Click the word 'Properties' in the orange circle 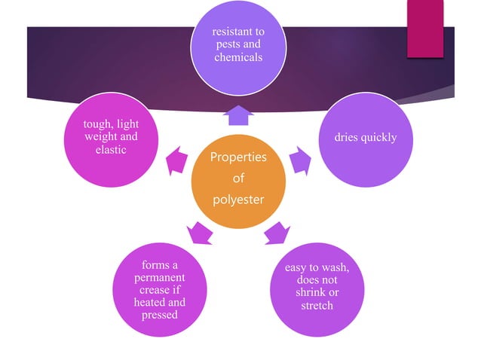coord(237,157)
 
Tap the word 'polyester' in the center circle coord(237,199)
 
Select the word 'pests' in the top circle coord(223,45)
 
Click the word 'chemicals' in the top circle coord(237,58)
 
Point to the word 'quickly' coord(378,138)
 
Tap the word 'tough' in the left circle coord(93,124)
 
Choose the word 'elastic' coord(110,149)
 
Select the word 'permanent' coord(159,277)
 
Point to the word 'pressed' coord(159,315)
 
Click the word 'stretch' coord(317,305)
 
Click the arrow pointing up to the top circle coord(239,115)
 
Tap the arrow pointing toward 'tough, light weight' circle coord(176,160)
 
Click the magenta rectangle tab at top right coord(425,29)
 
